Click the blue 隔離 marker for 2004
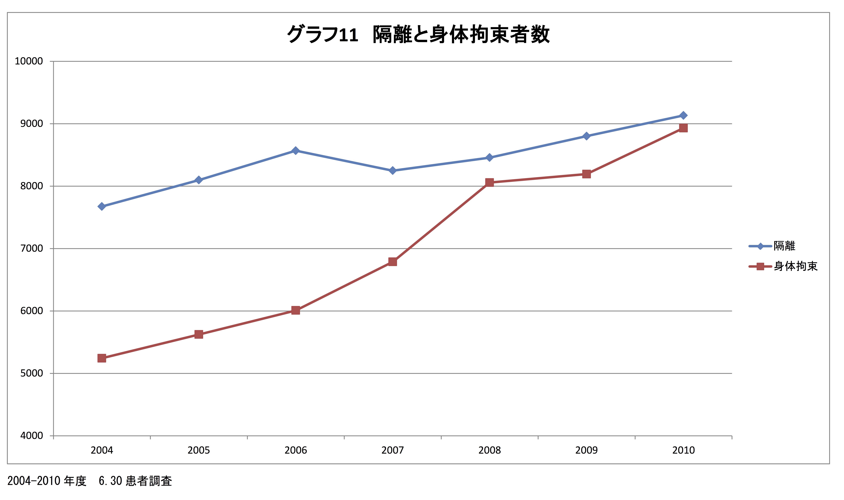tap(102, 206)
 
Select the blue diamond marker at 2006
tap(295, 151)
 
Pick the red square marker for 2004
tap(102, 358)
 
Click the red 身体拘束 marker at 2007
tap(392, 262)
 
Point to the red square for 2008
tap(490, 183)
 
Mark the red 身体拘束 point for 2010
tap(683, 128)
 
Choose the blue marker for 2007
tap(392, 170)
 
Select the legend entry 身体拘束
tap(795, 266)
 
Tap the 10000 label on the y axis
tap(29, 61)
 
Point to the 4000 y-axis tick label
tap(32, 436)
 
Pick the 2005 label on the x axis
tap(199, 450)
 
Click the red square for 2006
tap(295, 310)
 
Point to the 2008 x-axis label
tap(490, 450)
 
